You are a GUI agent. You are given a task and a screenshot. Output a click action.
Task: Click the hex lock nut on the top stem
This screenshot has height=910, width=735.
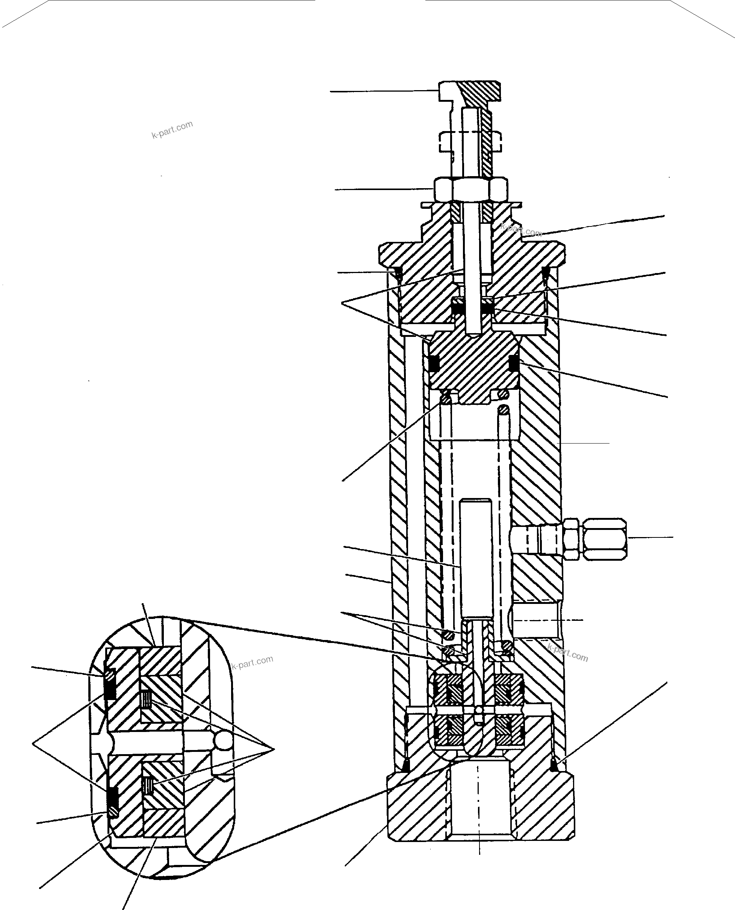(470, 189)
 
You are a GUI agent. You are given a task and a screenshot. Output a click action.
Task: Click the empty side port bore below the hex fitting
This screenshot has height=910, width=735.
(535, 620)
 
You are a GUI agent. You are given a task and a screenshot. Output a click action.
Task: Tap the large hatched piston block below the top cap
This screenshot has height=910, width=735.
(474, 359)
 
